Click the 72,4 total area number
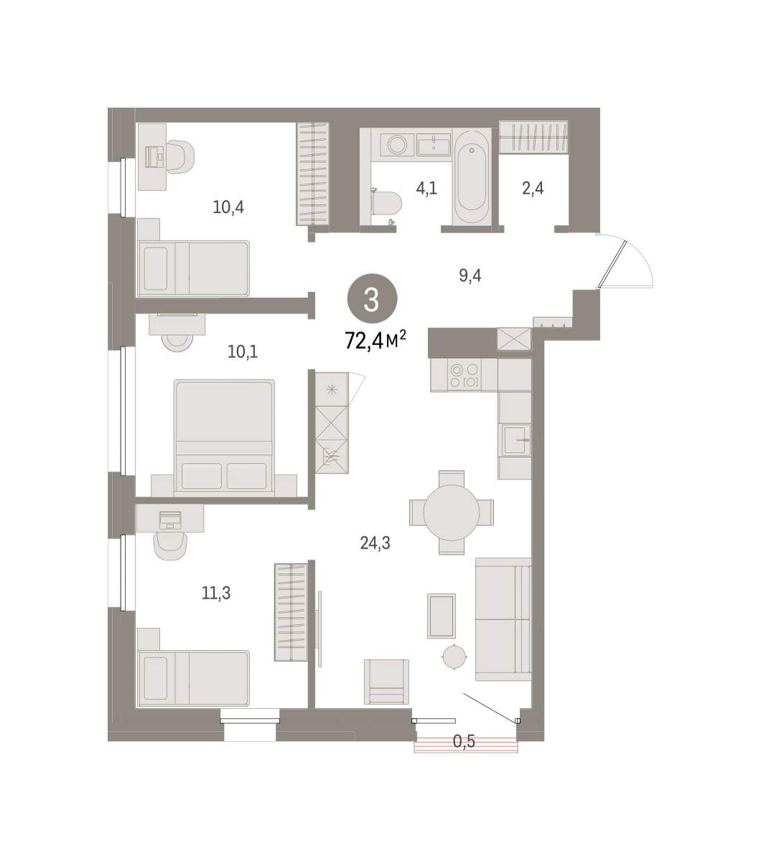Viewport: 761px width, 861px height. coord(364,340)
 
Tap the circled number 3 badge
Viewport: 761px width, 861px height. coord(372,298)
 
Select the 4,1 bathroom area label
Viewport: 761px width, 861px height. coord(426,188)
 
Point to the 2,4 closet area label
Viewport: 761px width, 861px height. coord(533,188)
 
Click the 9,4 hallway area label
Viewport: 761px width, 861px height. coord(470,276)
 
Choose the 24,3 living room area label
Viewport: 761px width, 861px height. coord(375,542)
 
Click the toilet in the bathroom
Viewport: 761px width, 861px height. coord(386,203)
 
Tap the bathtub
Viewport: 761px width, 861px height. coord(472,176)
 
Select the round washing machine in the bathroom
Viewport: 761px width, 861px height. coord(397,144)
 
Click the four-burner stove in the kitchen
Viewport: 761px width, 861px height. coord(464,375)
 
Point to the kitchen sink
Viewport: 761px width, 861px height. coord(515,440)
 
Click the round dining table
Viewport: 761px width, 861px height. coord(452,512)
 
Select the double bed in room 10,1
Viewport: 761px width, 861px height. coord(224,438)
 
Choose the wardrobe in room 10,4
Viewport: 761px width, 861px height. coord(312,174)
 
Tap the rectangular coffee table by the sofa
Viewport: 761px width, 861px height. coord(441,616)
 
